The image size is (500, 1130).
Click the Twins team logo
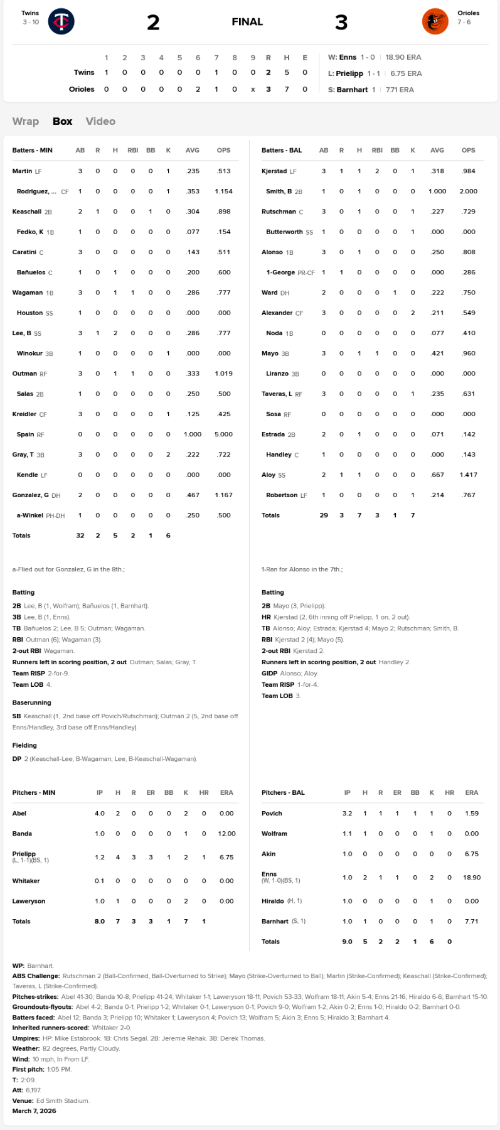(x=61, y=21)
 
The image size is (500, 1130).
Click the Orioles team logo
(x=435, y=21)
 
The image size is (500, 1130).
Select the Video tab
(x=100, y=121)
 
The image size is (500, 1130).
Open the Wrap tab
(x=26, y=121)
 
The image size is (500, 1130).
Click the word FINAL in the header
(x=247, y=22)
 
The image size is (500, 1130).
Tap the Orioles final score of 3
(x=341, y=23)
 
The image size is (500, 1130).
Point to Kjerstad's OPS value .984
(x=468, y=171)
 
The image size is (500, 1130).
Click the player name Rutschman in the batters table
(x=279, y=212)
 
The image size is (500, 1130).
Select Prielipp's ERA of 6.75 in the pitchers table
(x=226, y=857)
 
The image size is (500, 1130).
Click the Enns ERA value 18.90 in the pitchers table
(x=472, y=877)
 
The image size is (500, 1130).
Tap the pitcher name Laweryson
(x=29, y=901)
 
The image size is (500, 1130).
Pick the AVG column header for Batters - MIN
(x=193, y=150)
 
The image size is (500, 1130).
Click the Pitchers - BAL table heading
(x=283, y=792)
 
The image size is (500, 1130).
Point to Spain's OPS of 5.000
(x=223, y=434)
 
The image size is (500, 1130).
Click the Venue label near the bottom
(x=23, y=1100)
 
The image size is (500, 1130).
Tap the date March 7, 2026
(x=34, y=1111)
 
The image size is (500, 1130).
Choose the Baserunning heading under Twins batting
(x=32, y=702)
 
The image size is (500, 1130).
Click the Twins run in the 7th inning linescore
(x=216, y=72)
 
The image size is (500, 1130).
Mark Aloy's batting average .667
(x=437, y=475)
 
